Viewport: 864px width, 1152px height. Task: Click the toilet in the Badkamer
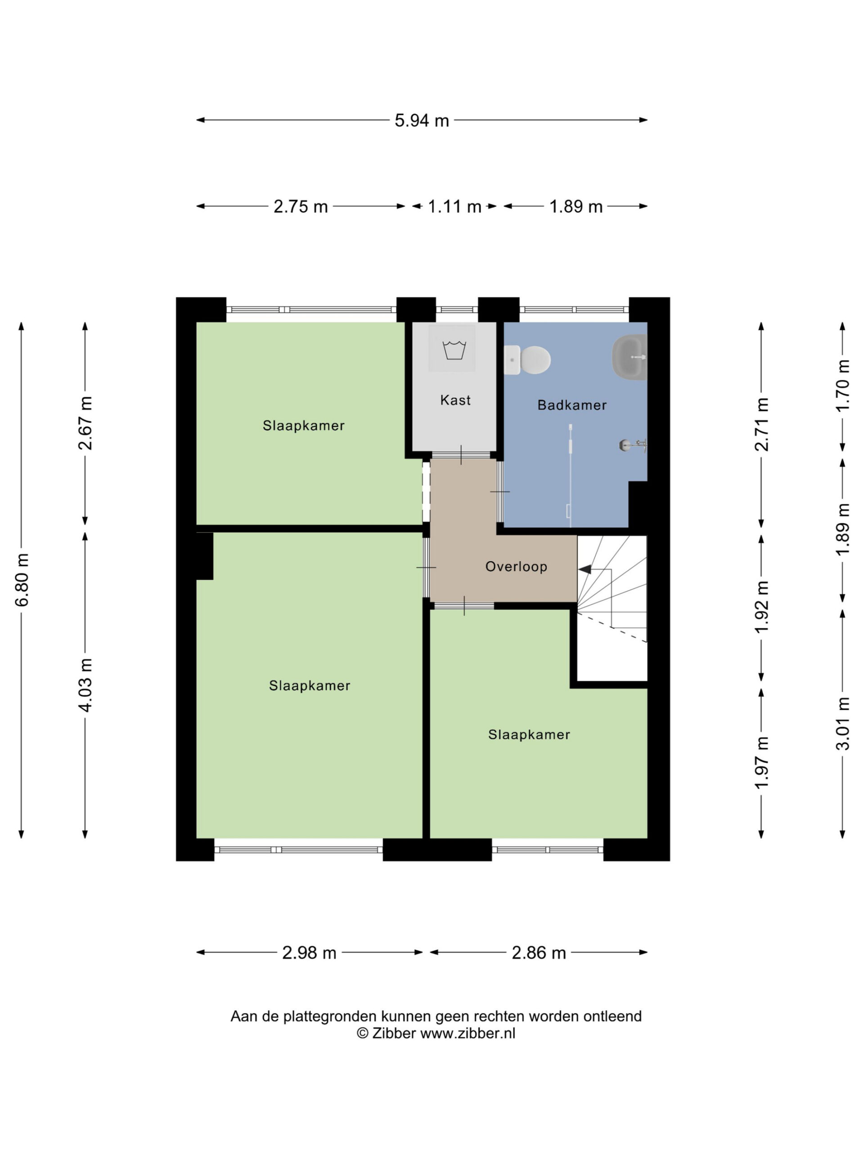(x=526, y=360)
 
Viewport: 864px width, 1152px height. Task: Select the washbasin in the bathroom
(x=629, y=357)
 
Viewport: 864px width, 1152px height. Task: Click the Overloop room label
(x=516, y=567)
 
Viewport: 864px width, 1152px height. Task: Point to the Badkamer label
(x=572, y=405)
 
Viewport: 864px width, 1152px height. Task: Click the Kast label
(x=455, y=400)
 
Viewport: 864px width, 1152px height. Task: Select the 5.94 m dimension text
(x=421, y=120)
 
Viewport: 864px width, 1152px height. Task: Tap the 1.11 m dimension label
(x=454, y=207)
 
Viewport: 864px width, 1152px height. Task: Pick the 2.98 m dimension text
(x=309, y=953)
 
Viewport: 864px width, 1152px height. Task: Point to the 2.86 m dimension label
(x=539, y=953)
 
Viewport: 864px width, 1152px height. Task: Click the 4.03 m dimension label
(x=85, y=685)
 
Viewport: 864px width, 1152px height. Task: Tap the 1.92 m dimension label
(x=761, y=607)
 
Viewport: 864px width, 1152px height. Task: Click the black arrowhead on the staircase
(x=585, y=569)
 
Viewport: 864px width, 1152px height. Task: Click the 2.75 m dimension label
(x=301, y=207)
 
